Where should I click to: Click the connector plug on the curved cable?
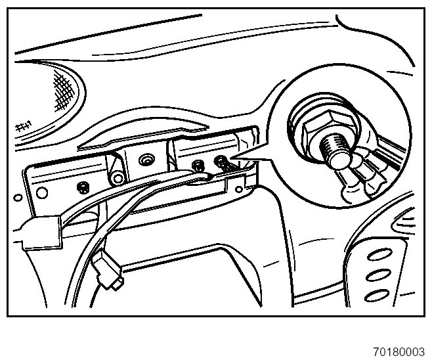coord(108,273)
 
